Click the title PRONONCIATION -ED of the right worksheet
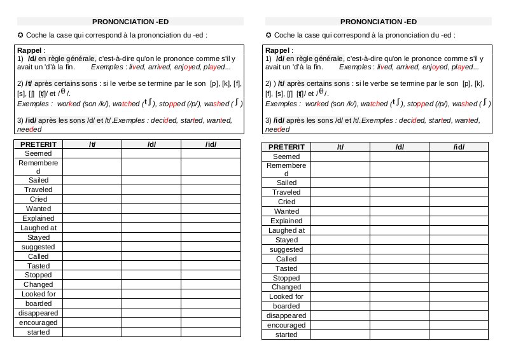[x=379, y=21]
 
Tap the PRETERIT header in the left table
[x=38, y=144]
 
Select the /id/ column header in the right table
[x=459, y=148]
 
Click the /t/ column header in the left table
[x=92, y=144]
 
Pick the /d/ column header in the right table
[x=400, y=148]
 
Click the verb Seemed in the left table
[x=38, y=153]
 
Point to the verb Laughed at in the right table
[x=286, y=230]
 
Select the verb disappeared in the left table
[x=38, y=313]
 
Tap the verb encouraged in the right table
[x=286, y=325]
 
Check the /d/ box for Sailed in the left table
[x=151, y=181]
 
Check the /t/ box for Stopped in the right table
[x=340, y=278]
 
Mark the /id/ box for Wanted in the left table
[x=211, y=209]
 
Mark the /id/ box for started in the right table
[x=459, y=335]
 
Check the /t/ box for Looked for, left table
[x=92, y=294]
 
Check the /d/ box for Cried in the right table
[x=400, y=202]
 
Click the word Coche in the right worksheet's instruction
[x=287, y=36]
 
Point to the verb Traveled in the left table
[x=38, y=190]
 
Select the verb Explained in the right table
[x=286, y=221]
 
